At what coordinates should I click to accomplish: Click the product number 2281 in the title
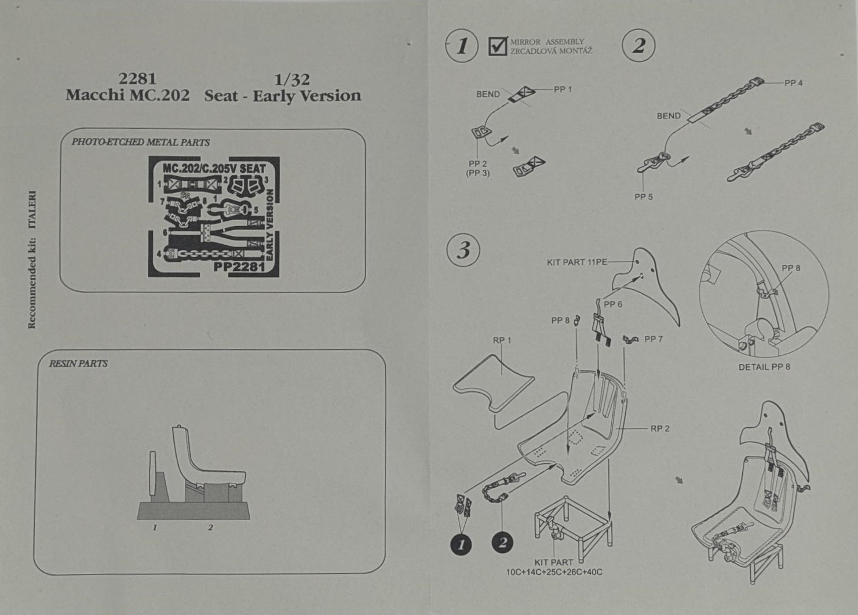tap(137, 79)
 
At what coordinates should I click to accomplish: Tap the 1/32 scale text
tap(292, 80)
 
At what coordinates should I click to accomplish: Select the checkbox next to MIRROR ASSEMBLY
tap(498, 46)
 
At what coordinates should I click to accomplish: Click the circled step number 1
tap(462, 46)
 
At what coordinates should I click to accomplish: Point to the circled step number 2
tap(638, 46)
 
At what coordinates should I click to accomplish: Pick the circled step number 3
tap(463, 250)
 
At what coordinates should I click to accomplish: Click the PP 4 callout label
tap(793, 83)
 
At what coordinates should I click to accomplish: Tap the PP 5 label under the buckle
tap(643, 196)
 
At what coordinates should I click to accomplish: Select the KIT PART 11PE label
tap(576, 263)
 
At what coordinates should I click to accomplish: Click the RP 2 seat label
tap(660, 428)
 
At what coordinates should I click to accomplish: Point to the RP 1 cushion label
tap(502, 340)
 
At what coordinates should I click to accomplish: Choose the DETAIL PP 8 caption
tap(764, 367)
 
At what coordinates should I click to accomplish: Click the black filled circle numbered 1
tap(461, 544)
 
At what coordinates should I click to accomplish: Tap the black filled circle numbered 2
tap(502, 543)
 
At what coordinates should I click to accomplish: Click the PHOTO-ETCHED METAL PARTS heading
tap(140, 142)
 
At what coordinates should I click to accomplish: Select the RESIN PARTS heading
tap(78, 363)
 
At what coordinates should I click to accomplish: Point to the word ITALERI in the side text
tap(32, 210)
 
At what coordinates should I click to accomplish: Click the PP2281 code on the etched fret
tap(239, 268)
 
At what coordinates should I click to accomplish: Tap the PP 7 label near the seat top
tap(653, 339)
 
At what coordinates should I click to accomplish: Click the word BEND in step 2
tap(669, 116)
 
